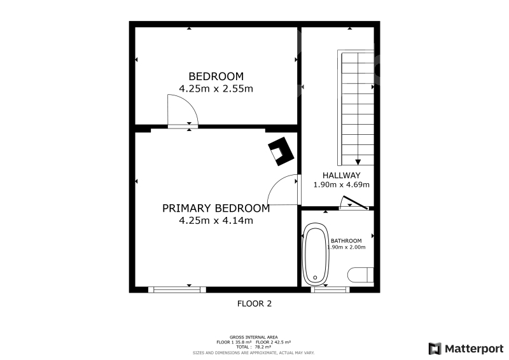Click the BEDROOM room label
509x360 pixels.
216,76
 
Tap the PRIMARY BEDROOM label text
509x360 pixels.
216,208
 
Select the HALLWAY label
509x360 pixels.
341,176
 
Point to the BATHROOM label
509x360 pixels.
346,241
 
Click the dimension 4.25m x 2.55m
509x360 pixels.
216,88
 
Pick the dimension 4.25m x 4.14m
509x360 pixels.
216,221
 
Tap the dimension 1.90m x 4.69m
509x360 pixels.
341,184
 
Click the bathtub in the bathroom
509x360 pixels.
315,253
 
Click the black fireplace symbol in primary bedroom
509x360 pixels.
281,151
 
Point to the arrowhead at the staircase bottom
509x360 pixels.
358,162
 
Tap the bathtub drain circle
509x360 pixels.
315,277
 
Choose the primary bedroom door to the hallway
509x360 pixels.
282,190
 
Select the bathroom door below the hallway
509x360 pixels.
354,203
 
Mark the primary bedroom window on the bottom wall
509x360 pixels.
178,289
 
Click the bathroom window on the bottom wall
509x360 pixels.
330,289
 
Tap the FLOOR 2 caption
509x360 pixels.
254,304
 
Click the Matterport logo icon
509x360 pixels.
435,349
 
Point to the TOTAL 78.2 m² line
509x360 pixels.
253,347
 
